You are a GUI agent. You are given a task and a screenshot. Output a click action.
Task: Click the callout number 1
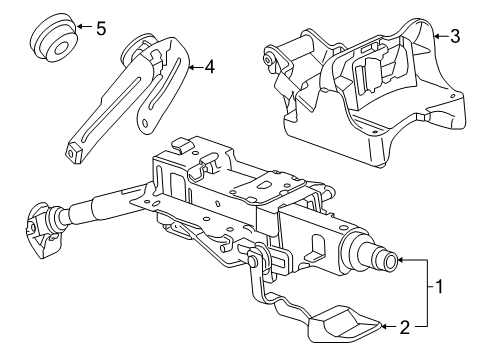tap(440, 286)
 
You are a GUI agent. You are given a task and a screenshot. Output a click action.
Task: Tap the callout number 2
tap(404, 327)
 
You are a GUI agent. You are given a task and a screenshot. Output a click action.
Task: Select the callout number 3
tap(455, 36)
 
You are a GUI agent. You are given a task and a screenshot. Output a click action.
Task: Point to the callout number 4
tap(209, 67)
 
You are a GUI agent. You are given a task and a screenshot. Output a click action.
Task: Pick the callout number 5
tap(101, 28)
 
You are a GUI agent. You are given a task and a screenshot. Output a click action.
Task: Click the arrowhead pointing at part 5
tap(80, 26)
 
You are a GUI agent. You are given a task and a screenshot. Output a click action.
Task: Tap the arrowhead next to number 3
tap(438, 36)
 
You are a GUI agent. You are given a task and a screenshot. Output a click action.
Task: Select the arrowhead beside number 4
tap(192, 68)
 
